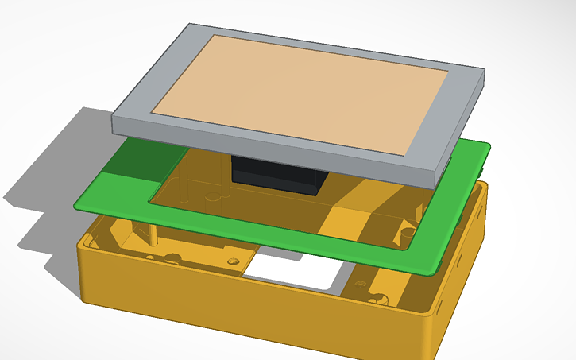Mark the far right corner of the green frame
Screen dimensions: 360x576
(488, 146)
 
